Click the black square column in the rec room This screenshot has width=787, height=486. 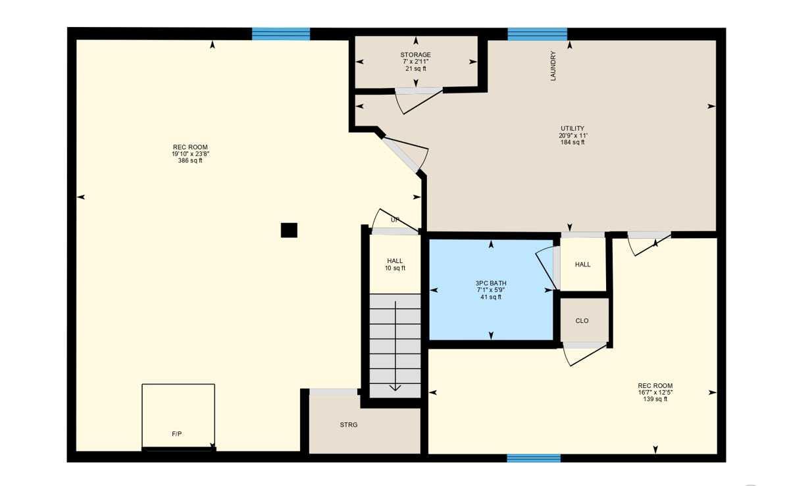point(289,230)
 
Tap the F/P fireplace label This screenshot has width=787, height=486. point(176,434)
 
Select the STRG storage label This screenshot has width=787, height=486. point(349,425)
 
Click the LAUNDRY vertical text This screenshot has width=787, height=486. point(553,66)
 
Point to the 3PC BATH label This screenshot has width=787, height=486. point(491,283)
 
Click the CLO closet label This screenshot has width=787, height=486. point(582,321)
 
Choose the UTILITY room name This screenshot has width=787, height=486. point(572,129)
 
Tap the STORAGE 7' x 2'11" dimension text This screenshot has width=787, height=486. point(416,62)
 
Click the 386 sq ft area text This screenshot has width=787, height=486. point(190,160)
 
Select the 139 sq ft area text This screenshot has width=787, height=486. point(655,399)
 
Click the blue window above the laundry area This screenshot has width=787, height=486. point(537,34)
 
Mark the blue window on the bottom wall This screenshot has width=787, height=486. point(534,458)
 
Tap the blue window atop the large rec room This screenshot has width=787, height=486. point(281,34)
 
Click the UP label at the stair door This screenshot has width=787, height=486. point(395,220)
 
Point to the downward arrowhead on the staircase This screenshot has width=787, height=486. point(395,387)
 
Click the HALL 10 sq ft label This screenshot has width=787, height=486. point(395,264)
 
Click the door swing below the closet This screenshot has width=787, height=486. point(582,354)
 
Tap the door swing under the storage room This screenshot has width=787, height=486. point(419,100)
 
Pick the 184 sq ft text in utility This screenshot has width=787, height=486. point(572,142)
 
